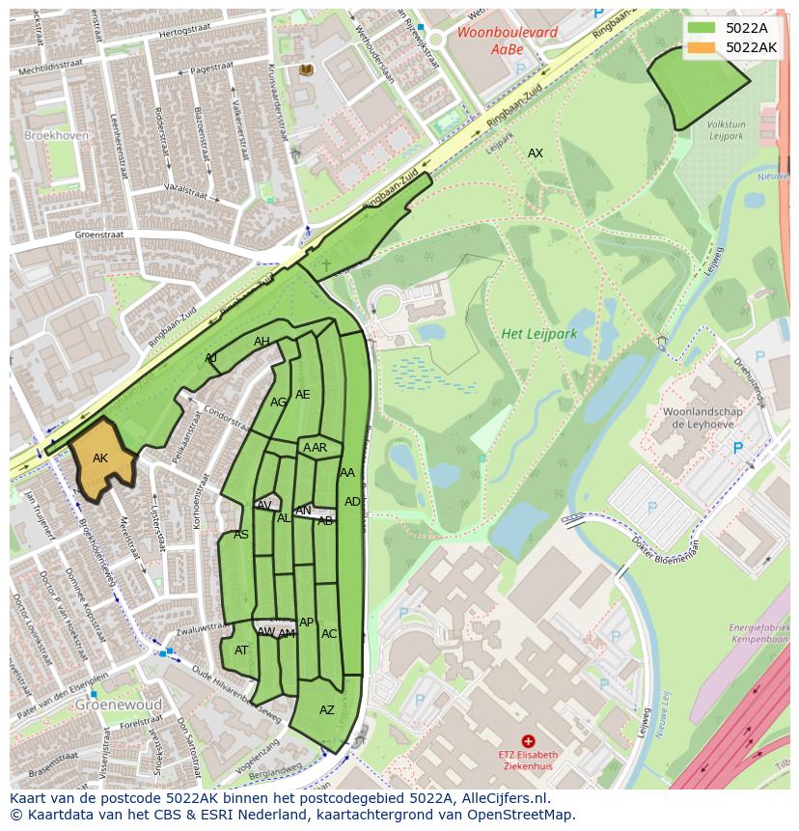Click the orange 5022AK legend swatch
click(x=702, y=47)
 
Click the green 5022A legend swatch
click(x=702, y=28)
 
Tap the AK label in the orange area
click(x=100, y=458)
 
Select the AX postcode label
click(x=536, y=153)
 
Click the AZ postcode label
click(x=327, y=710)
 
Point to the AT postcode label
click(x=241, y=651)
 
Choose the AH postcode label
click(x=262, y=342)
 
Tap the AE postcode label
click(x=303, y=395)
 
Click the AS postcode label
click(x=241, y=535)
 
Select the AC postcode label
click(x=329, y=634)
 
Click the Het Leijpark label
click(x=538, y=334)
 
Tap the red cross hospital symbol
click(x=528, y=740)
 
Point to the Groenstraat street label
click(x=101, y=235)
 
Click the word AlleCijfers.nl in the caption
click(x=501, y=798)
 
